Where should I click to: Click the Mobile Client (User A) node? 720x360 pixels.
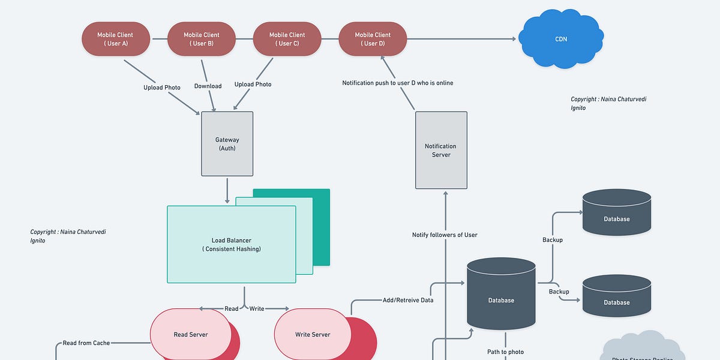click(116, 39)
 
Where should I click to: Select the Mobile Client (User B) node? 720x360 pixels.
click(202, 39)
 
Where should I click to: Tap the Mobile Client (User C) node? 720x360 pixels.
click(287, 39)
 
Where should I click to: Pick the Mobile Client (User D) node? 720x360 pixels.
click(373, 39)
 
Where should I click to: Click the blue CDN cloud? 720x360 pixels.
click(560, 40)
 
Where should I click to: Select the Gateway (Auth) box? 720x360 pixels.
click(227, 144)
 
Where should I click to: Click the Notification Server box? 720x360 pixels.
click(440, 150)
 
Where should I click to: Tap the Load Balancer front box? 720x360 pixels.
click(231, 244)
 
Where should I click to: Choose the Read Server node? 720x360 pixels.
click(190, 334)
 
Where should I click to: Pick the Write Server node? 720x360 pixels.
click(313, 334)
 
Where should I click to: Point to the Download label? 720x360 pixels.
click(208, 86)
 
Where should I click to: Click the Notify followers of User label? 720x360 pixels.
click(445, 235)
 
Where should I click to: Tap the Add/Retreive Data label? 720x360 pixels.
click(407, 300)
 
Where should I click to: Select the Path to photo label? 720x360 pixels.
click(505, 352)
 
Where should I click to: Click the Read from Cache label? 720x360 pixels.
click(86, 343)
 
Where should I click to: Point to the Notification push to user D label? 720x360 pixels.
click(397, 83)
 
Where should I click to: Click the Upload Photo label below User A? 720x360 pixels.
click(161, 88)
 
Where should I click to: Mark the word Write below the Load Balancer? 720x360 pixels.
click(256, 309)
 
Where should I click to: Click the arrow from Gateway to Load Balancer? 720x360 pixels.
click(227, 190)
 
